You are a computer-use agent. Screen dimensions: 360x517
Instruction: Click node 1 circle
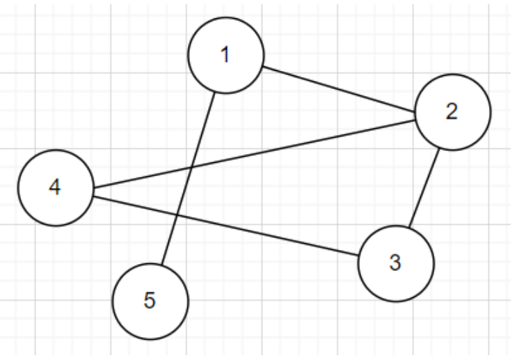coord(225,56)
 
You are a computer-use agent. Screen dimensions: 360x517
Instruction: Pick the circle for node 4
coord(56,188)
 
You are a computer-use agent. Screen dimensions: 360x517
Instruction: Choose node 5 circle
coord(150,302)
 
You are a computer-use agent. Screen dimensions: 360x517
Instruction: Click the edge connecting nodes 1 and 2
coord(339,88)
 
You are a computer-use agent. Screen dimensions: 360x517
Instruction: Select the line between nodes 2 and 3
coord(423,187)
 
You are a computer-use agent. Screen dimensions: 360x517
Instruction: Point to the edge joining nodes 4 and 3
coord(226,226)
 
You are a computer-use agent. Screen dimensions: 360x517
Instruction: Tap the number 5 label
coord(150,302)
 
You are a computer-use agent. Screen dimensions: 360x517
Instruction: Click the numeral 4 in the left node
coord(56,188)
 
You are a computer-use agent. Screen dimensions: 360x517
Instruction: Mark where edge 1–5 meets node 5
coord(161,265)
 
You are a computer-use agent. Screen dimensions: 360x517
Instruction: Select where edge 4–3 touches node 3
coord(359,256)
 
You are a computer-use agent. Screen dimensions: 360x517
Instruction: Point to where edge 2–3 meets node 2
coord(439,147)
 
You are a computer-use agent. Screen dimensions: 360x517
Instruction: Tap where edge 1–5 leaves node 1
coord(216,92)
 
